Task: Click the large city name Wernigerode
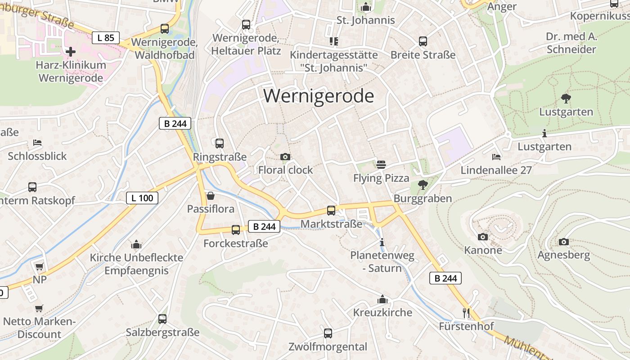[x=319, y=96]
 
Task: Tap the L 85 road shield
[x=106, y=38]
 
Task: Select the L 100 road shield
[x=142, y=198]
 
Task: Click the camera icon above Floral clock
[x=285, y=157]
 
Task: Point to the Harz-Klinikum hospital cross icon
[x=71, y=52]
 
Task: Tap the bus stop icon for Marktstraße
[x=331, y=210]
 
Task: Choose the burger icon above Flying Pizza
[x=381, y=165]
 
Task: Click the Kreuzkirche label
[x=382, y=312]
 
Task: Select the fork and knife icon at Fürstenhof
[x=466, y=312]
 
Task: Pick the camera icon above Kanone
[x=483, y=237]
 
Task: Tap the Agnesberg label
[x=563, y=255]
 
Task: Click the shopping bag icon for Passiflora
[x=210, y=196]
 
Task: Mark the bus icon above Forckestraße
[x=236, y=230]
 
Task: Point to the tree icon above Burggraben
[x=423, y=184]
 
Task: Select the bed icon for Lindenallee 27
[x=496, y=157]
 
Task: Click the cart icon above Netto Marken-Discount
[x=39, y=308]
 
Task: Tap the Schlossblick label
[x=37, y=156]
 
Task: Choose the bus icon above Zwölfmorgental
[x=328, y=333]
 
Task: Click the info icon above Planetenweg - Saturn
[x=382, y=242]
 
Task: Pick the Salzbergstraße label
[x=162, y=333]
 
